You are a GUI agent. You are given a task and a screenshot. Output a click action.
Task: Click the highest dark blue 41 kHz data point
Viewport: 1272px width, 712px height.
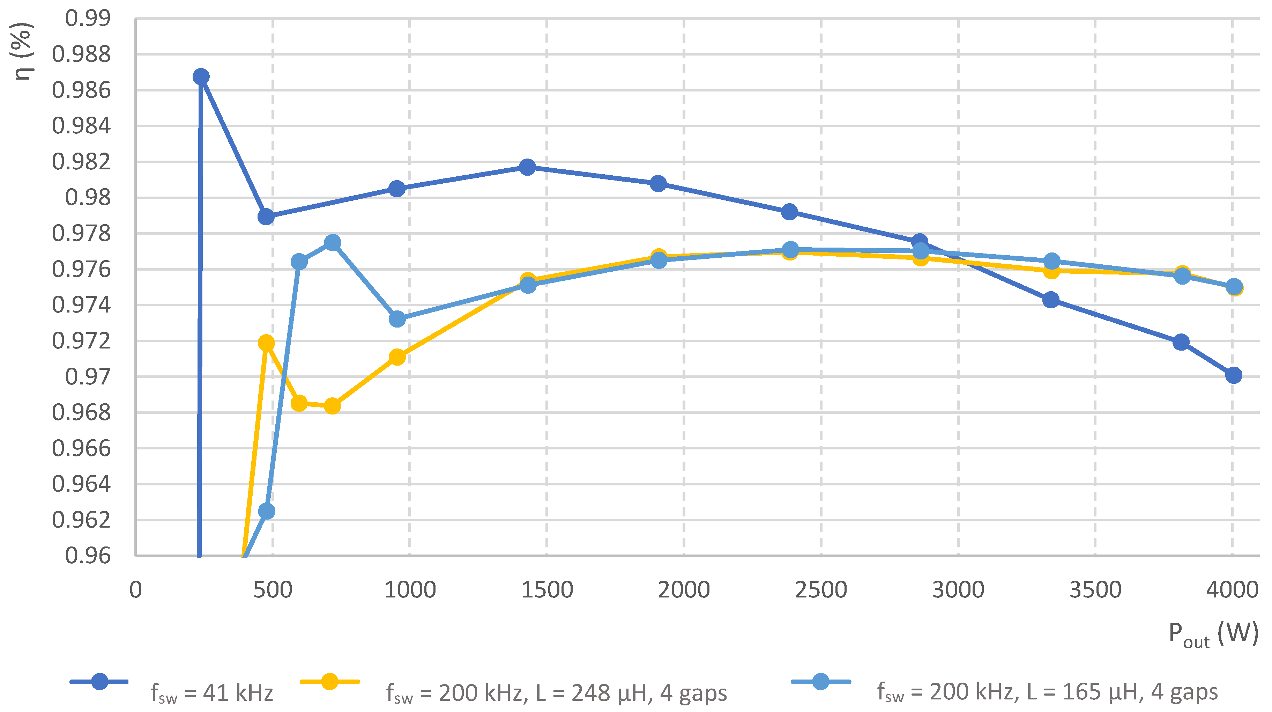click(x=200, y=76)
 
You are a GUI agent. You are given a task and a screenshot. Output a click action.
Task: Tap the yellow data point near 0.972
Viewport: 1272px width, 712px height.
click(x=266, y=343)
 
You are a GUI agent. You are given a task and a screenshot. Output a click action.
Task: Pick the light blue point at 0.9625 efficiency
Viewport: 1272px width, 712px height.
click(x=267, y=511)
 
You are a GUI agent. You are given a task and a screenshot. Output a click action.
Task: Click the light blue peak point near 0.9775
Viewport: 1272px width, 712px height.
click(x=332, y=243)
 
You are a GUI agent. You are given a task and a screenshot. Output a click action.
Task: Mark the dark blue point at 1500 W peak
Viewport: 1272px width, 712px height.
click(x=527, y=167)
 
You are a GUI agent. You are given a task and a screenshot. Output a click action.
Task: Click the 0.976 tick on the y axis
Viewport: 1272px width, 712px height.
click(x=81, y=269)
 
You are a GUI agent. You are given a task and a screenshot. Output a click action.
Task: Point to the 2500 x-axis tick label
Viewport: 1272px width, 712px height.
click(x=821, y=590)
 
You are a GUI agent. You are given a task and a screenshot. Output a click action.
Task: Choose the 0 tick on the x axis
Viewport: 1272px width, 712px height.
click(x=135, y=590)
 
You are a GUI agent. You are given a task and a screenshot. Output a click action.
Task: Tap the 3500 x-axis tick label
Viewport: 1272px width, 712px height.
click(x=1095, y=590)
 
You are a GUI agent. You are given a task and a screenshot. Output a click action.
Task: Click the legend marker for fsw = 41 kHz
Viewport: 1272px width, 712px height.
click(x=99, y=682)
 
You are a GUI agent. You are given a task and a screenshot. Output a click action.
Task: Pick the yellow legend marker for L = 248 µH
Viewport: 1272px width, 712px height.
click(x=329, y=682)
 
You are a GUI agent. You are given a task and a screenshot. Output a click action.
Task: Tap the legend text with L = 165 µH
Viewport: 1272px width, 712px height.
click(x=1047, y=692)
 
